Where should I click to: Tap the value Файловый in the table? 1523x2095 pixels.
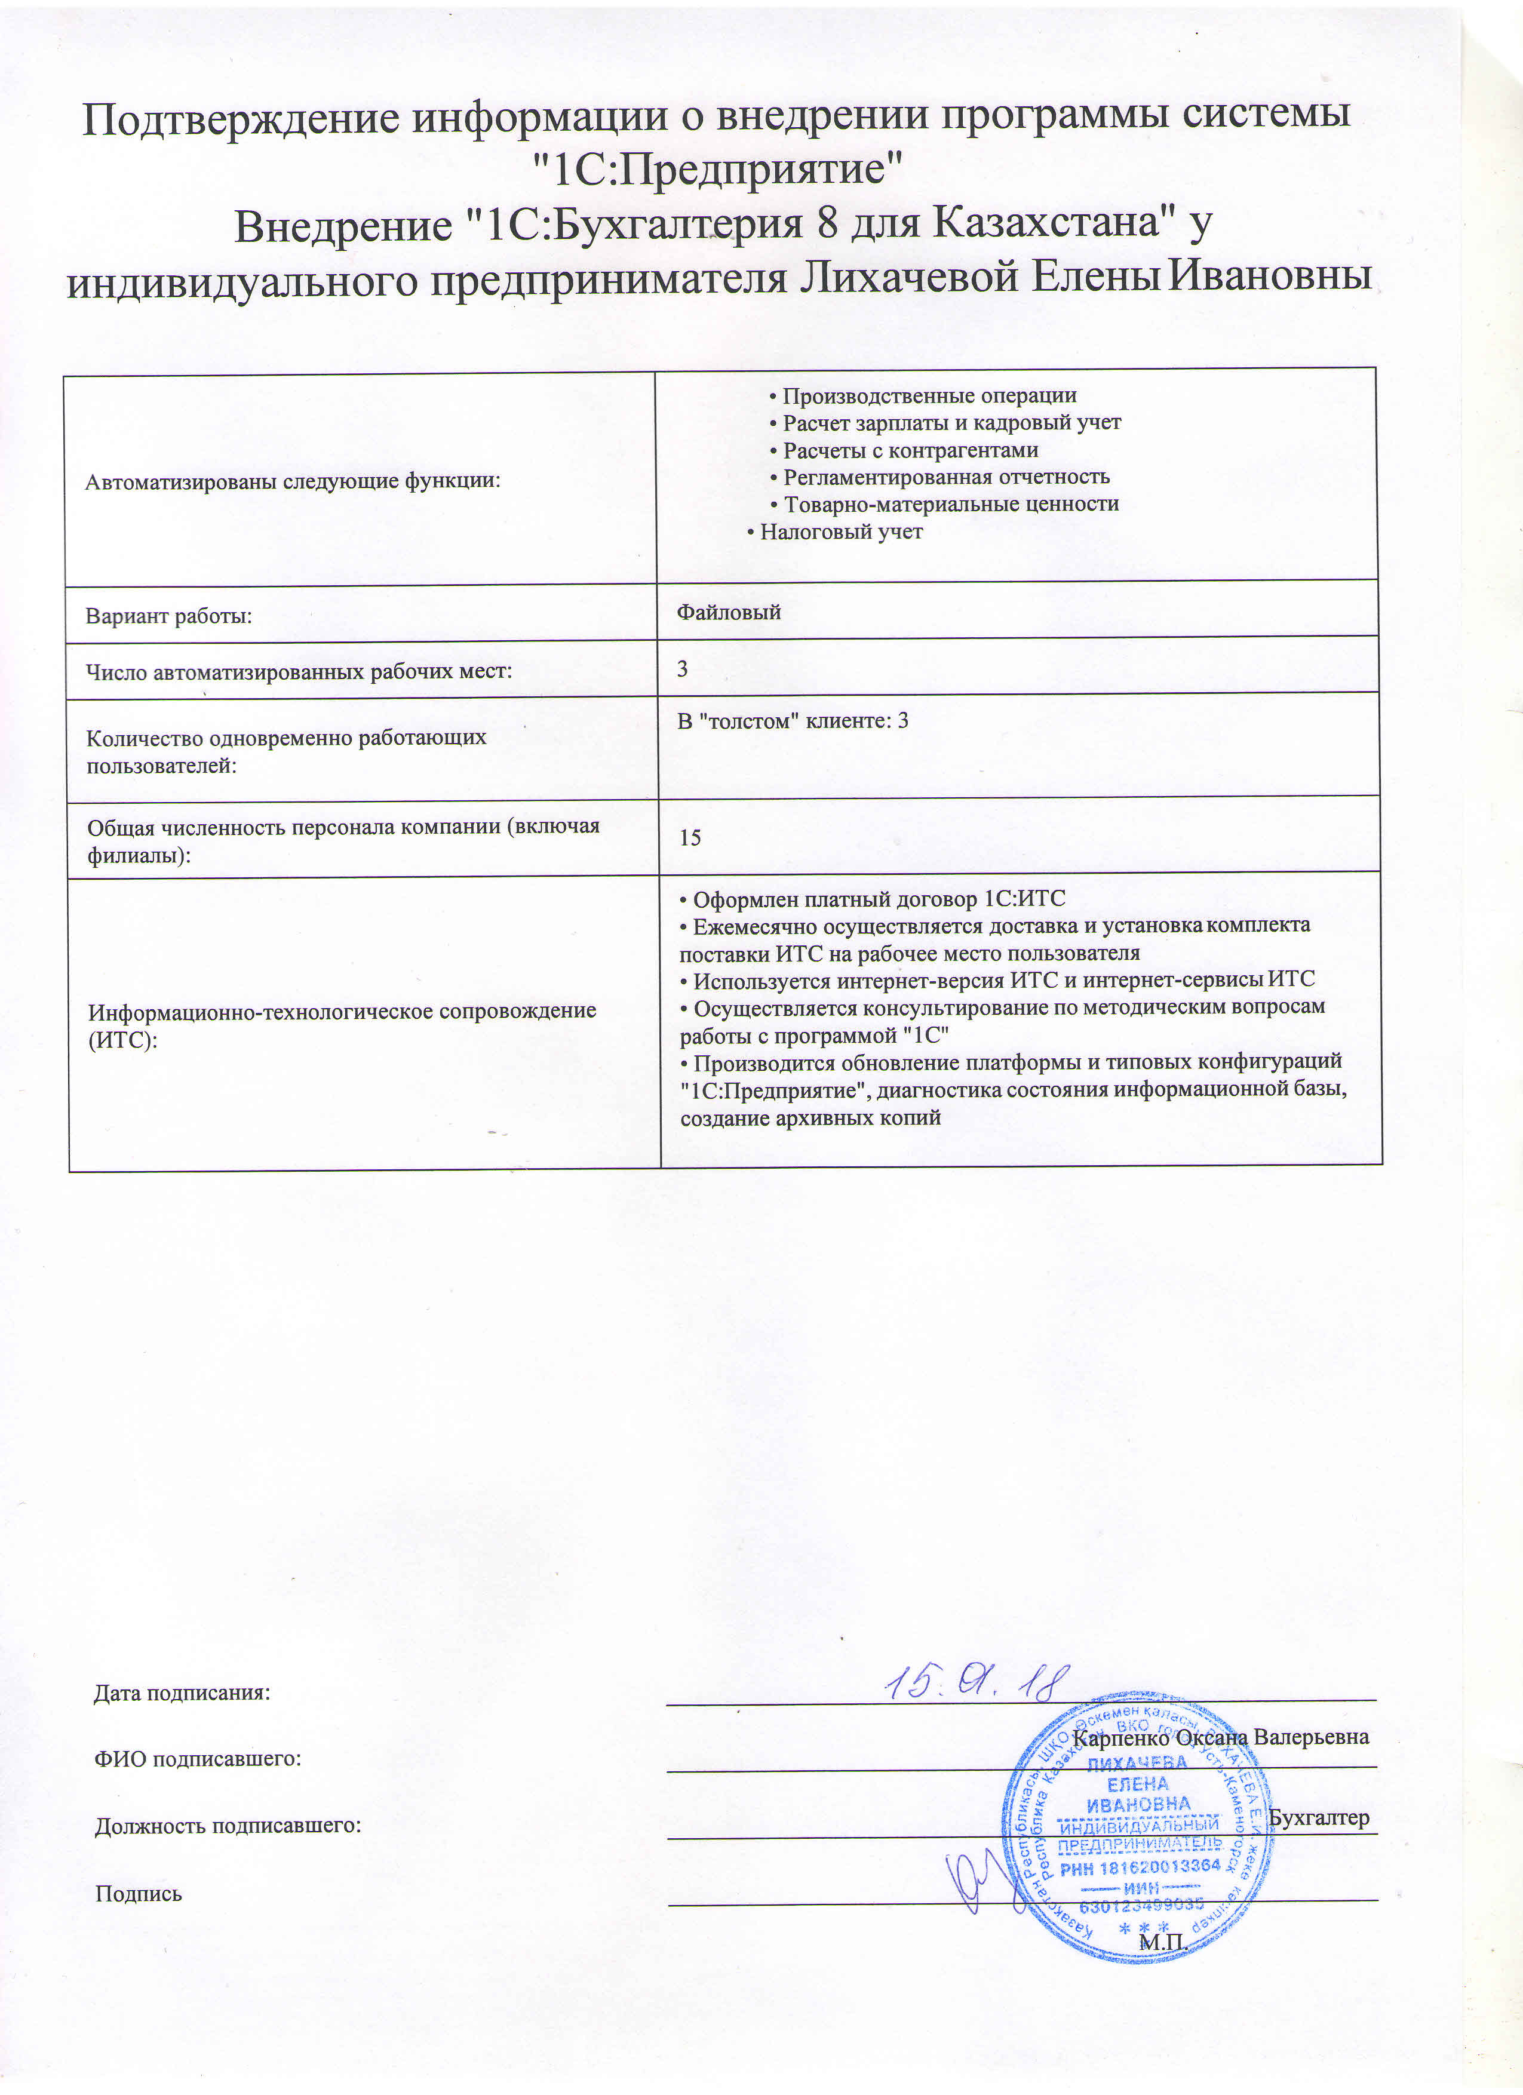[729, 612]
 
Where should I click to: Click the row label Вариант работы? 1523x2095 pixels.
[169, 616]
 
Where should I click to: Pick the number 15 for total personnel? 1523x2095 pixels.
[690, 838]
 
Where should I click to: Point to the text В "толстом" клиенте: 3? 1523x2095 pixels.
[793, 720]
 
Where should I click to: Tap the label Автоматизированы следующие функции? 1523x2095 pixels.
[293, 481]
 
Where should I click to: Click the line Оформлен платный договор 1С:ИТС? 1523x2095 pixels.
[872, 899]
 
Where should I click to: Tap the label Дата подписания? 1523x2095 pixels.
[182, 1693]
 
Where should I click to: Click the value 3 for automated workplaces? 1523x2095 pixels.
[683, 668]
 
